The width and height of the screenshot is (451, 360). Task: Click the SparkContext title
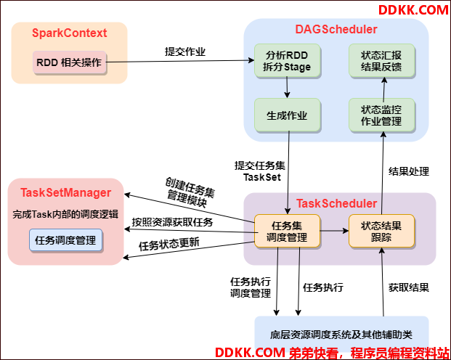[x=69, y=33]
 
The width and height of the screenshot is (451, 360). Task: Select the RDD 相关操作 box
[x=70, y=62]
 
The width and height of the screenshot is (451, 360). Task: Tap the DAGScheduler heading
[x=336, y=29]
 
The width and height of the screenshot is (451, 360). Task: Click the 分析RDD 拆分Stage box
[x=287, y=61]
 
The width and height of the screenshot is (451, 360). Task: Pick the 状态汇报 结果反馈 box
[x=381, y=61]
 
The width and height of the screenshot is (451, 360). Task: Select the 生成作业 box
[x=287, y=115]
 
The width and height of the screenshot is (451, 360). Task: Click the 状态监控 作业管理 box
[x=381, y=115]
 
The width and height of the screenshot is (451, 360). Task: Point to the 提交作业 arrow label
[x=185, y=52]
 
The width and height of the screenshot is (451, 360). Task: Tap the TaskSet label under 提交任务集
[x=262, y=177]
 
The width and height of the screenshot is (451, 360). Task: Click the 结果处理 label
[x=409, y=171]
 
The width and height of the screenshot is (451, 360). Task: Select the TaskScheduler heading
[x=336, y=203]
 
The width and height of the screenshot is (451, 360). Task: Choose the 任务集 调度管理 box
[x=287, y=231]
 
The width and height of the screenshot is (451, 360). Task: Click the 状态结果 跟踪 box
[x=381, y=231]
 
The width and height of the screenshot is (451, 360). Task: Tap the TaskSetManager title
[x=66, y=192]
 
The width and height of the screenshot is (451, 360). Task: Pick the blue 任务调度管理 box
[x=65, y=240]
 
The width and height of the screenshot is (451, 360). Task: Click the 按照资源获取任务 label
[x=172, y=222]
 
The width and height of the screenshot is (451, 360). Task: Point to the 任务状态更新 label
[x=169, y=245]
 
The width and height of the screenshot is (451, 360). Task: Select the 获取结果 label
[x=409, y=287]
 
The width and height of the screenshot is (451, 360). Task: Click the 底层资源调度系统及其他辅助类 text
[x=341, y=335]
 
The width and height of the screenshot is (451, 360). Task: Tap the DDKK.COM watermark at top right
[x=413, y=10]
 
